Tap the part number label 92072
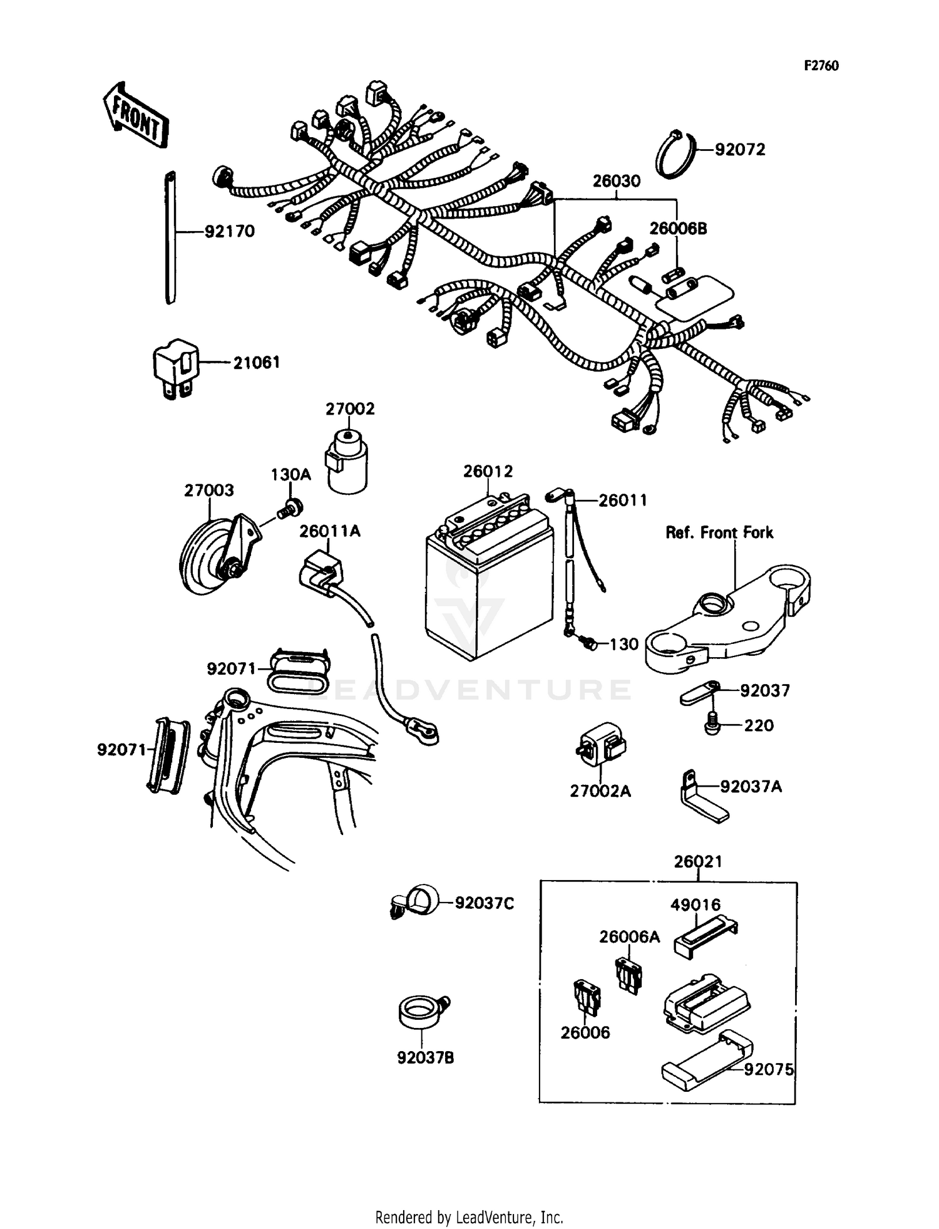740,150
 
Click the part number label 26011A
329,531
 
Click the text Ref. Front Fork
719,532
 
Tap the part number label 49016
695,905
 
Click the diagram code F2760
821,66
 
